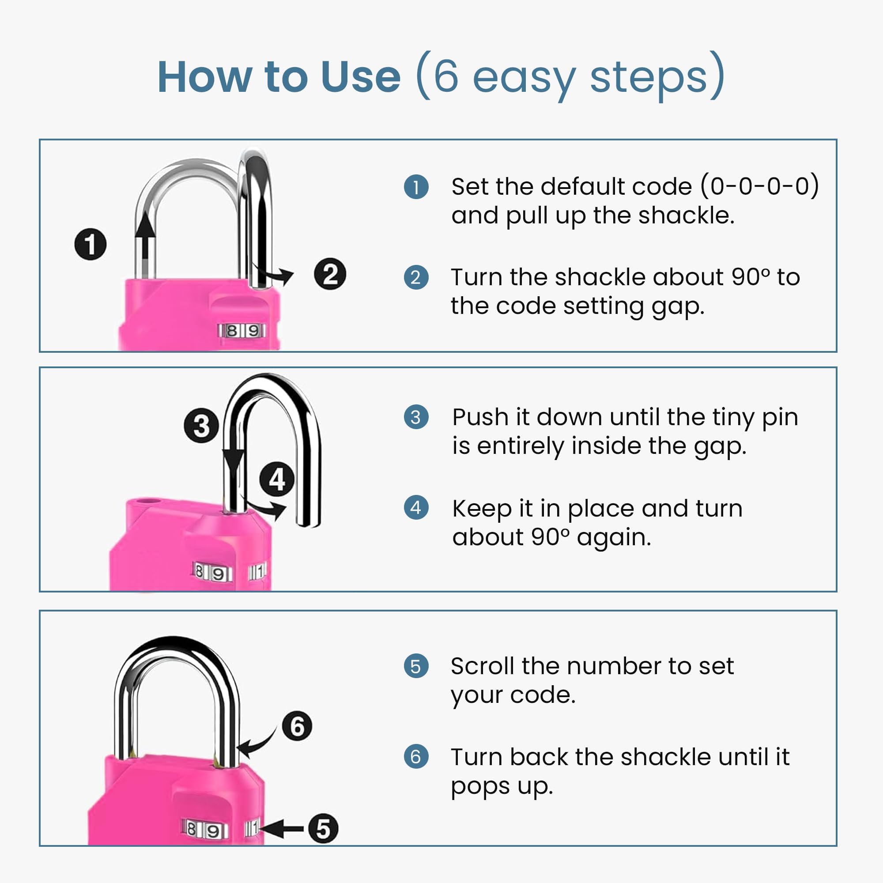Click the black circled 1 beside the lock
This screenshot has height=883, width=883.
[x=91, y=244]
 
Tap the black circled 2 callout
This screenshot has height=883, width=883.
[x=330, y=274]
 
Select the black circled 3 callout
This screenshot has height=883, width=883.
[x=201, y=426]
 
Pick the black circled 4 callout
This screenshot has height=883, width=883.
[x=277, y=479]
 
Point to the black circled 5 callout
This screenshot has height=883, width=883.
[x=323, y=828]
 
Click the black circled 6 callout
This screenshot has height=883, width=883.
[x=297, y=726]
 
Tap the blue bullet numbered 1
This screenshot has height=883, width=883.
[x=416, y=187]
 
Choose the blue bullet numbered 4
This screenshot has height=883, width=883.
[x=416, y=508]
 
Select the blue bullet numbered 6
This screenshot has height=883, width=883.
[x=416, y=756]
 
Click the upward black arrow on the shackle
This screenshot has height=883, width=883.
[x=145, y=245]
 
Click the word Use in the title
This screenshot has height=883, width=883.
[x=361, y=77]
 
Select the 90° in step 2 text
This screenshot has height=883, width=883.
[x=750, y=277]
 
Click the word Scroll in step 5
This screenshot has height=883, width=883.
[x=483, y=666]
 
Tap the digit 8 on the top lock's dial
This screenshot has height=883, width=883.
[x=232, y=330]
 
